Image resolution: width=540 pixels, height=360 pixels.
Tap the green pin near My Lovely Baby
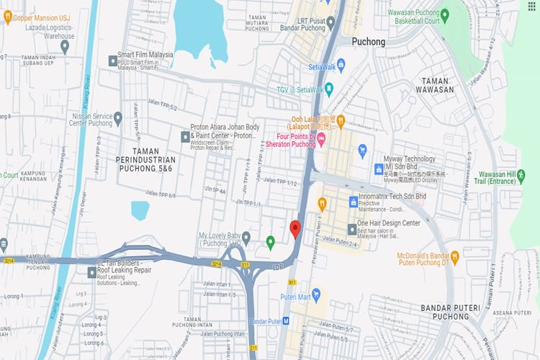pos(270,242)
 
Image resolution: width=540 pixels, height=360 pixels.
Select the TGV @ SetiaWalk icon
pos(329,89)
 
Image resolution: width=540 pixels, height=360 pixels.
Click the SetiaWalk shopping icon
pos(341,65)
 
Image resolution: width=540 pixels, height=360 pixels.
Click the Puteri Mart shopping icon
pos(316,294)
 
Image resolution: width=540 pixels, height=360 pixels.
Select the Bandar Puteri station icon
pos(286,320)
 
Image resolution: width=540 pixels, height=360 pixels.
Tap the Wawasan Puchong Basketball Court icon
pos(444,14)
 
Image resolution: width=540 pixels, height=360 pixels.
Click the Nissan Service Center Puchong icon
pos(117,117)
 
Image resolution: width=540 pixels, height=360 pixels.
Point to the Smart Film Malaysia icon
pos(112,60)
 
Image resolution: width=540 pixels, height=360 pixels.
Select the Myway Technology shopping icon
pos(378,168)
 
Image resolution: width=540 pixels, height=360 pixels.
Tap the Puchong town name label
pos(368,42)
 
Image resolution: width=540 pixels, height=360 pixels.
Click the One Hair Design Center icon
pos(352,229)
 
